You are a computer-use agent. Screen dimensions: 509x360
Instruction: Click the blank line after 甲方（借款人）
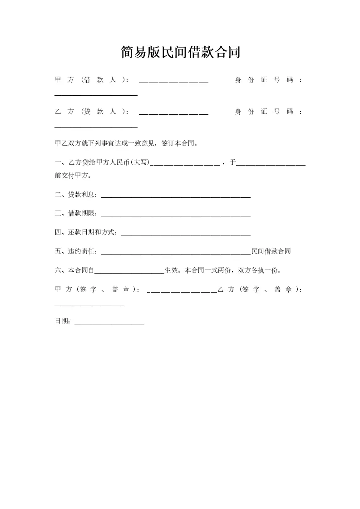(x=173, y=82)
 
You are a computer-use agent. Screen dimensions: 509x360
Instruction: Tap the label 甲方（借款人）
(x=91, y=80)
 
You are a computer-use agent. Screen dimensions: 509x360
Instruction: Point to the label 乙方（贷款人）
(x=91, y=112)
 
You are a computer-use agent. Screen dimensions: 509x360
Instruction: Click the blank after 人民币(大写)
(x=185, y=164)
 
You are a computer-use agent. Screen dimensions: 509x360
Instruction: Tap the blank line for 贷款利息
(x=176, y=197)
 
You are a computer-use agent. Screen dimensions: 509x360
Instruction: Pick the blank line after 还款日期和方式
(x=186, y=235)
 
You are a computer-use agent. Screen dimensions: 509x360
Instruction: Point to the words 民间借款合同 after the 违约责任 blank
(x=271, y=251)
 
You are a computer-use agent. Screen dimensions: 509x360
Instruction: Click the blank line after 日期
(x=109, y=323)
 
